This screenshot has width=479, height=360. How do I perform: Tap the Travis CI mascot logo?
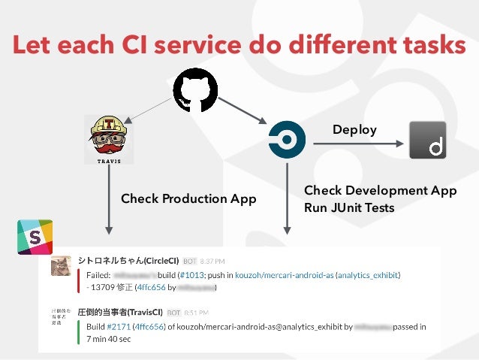coord(109,139)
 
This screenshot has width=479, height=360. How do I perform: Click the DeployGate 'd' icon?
coord(427,140)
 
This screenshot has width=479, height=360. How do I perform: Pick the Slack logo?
coord(35,237)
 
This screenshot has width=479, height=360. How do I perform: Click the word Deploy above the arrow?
coord(354,130)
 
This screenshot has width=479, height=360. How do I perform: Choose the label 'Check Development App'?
coord(380,190)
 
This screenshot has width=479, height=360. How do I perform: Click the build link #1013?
coord(194,276)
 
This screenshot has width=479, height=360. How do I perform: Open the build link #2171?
coord(119,327)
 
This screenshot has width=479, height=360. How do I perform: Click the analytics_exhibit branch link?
coord(368,276)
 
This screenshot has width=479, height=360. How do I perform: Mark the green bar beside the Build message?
coord(79,333)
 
